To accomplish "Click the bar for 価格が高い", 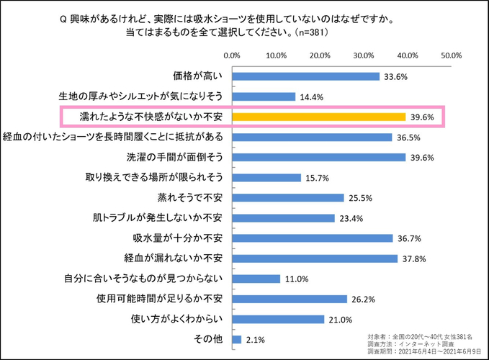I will point(305,76).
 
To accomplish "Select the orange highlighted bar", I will point(318,117).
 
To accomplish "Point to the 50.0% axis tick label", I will point(451,55).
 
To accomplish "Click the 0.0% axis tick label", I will point(232,55).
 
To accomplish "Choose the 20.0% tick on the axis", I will point(320,55).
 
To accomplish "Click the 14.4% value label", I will point(311,96).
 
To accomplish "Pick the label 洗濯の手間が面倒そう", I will point(172,156).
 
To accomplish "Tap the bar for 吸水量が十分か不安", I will point(312,238).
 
